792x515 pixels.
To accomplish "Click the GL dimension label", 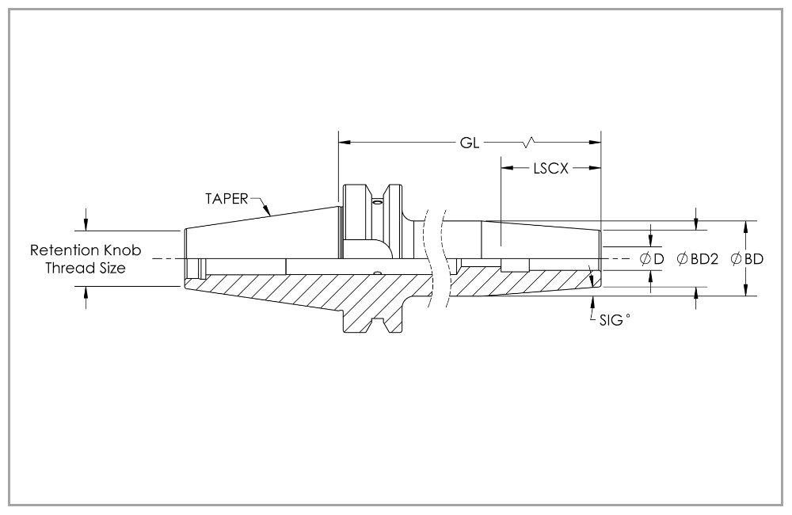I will point(469,143).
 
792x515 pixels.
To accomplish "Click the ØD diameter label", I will point(652,259).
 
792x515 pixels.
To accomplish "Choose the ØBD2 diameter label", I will point(697,259).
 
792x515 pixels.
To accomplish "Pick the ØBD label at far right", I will point(747,259).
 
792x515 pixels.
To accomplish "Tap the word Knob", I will point(124,250).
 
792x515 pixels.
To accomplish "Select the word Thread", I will point(68,268).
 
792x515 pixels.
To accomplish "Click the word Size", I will point(110,268).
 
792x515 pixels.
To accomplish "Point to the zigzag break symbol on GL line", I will point(530,143).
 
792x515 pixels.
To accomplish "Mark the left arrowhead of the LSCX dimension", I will point(505,168).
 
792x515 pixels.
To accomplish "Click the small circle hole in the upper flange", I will point(378,202).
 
